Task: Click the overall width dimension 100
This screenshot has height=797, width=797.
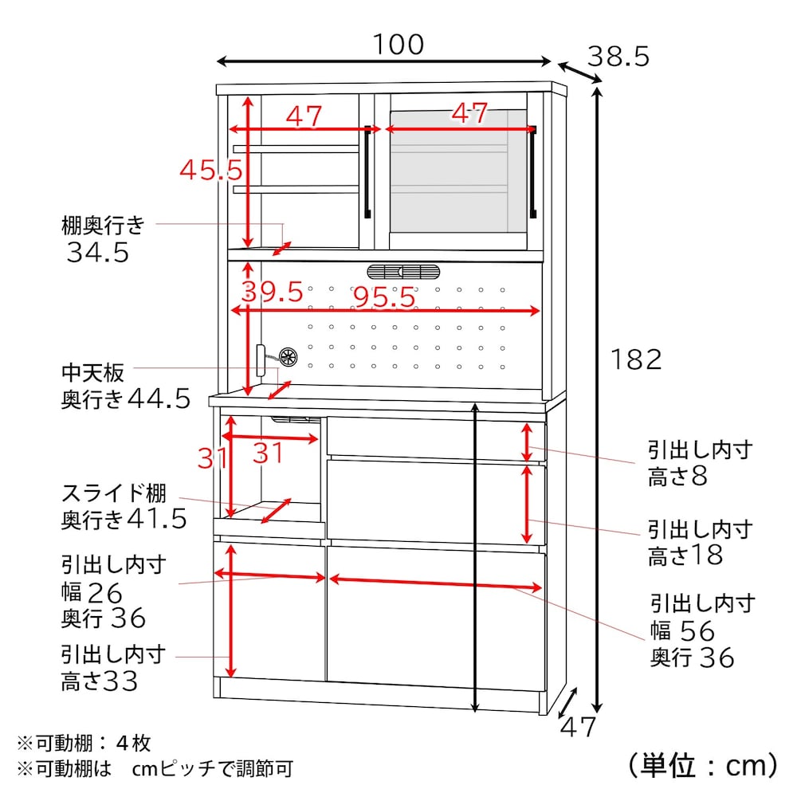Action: click(398, 45)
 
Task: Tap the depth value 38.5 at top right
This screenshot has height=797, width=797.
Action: click(618, 57)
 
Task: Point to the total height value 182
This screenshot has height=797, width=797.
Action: click(636, 360)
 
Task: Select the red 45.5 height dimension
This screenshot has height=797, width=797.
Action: click(211, 170)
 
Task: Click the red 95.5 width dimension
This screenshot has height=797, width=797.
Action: click(384, 296)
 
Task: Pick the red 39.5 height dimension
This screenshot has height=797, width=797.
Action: click(272, 292)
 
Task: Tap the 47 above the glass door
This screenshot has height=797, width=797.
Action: click(469, 113)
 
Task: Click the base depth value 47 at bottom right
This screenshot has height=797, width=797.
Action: click(577, 727)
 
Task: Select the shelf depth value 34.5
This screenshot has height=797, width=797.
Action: click(98, 253)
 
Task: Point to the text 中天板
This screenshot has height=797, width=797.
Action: click(92, 373)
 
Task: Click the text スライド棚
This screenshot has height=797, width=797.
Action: click(114, 493)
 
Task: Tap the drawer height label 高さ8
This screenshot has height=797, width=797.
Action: click(677, 477)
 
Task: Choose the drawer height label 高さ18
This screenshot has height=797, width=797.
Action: click(685, 555)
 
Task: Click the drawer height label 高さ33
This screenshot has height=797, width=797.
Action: click(100, 681)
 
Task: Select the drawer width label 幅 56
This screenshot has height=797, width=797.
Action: click(683, 631)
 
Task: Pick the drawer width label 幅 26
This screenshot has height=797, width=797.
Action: click(92, 593)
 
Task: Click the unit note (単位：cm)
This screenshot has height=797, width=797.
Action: click(703, 765)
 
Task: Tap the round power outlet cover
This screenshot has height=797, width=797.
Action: click(288, 357)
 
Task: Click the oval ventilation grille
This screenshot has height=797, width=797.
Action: click(403, 272)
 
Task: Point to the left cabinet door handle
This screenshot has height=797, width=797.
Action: click(367, 172)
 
